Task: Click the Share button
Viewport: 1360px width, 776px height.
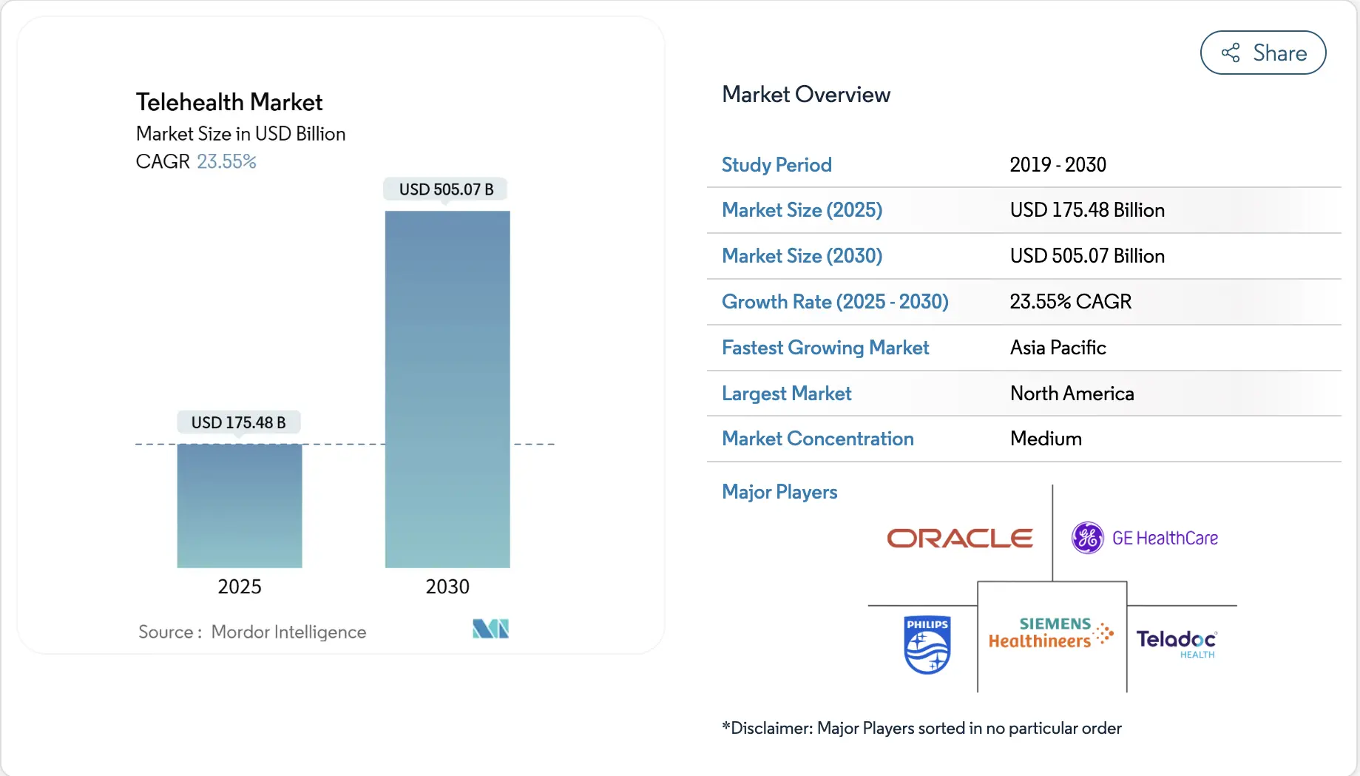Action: pos(1262,53)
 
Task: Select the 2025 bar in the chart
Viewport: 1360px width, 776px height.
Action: pos(240,506)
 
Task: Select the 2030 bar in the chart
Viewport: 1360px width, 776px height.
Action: pos(447,389)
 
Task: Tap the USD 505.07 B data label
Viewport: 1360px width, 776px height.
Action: pos(446,189)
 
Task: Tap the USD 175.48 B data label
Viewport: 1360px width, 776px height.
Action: pos(238,422)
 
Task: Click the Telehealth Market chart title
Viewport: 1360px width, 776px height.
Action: pos(229,102)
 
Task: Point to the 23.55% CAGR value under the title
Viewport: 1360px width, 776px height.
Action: pos(226,161)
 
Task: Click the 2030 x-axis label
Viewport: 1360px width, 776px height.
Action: pos(447,587)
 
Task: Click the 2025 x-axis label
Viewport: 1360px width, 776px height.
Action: pos(240,587)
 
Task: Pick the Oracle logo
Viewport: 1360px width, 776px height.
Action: pos(959,538)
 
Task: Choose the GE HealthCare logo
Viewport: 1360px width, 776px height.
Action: pos(1145,538)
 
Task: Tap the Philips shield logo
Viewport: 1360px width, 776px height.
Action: pos(927,644)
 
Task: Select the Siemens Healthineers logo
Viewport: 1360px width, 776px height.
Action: pos(1051,633)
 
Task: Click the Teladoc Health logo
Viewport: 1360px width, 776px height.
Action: pos(1177,642)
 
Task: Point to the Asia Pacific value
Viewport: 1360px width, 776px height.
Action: pos(1058,348)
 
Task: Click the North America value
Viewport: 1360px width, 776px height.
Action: pos(1072,394)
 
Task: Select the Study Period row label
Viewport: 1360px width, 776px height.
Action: pos(777,165)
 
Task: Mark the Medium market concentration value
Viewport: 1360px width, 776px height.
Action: pos(1046,439)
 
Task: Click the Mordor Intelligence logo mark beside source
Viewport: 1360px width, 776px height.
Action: pos(490,629)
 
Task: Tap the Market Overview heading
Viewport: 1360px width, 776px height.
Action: pos(805,95)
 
